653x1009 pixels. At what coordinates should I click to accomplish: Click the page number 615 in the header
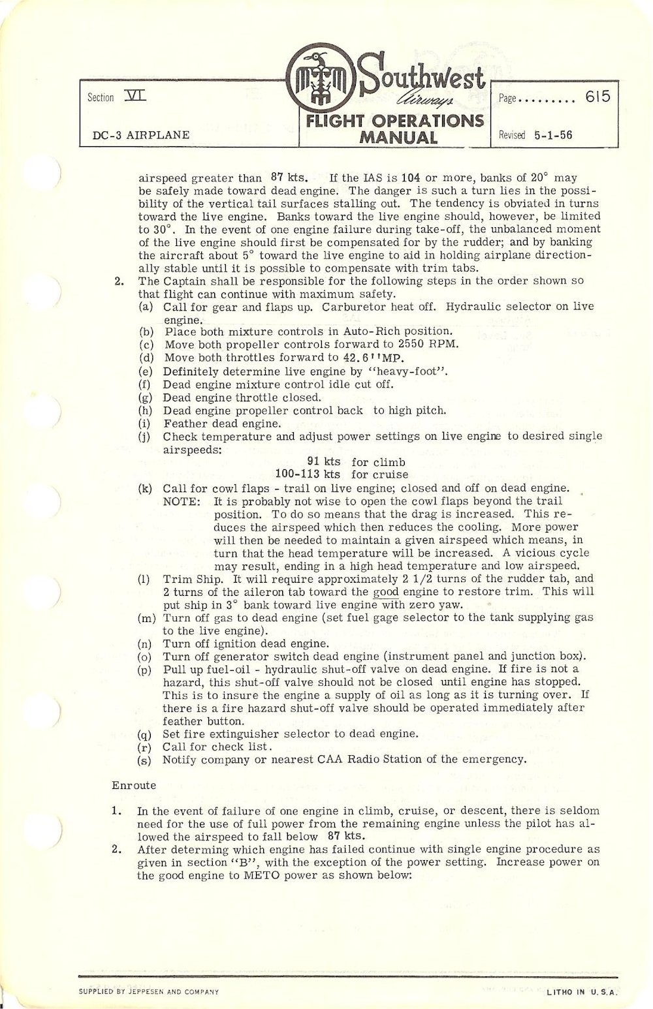(597, 97)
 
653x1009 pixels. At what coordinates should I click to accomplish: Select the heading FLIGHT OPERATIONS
(390, 121)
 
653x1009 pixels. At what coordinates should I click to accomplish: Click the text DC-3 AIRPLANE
(141, 135)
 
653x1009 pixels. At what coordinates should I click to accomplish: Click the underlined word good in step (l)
(386, 591)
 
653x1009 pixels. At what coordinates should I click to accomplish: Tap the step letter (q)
(146, 734)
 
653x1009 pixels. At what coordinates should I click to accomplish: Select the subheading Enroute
(134, 785)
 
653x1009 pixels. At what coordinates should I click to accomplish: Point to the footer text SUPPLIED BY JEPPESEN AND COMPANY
(148, 991)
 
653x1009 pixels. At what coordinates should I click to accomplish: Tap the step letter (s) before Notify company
(146, 760)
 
